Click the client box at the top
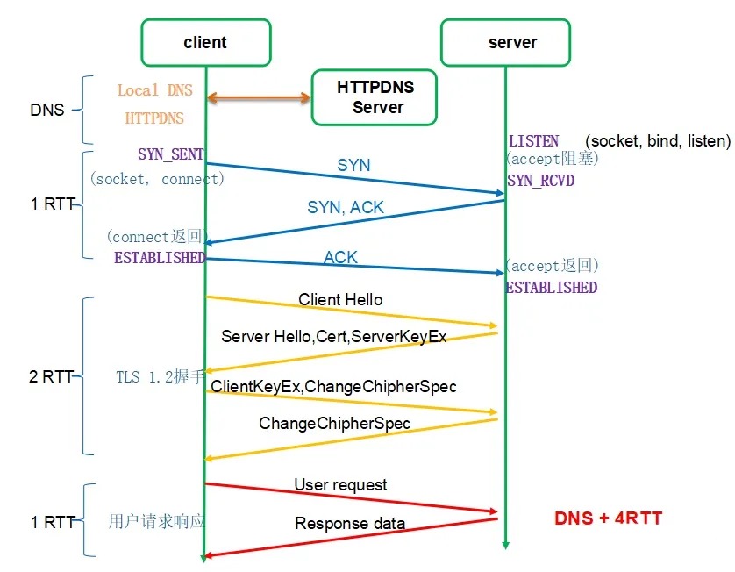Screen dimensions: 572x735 (205, 42)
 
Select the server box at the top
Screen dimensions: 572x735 (506, 42)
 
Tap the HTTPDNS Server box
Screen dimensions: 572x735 (375, 97)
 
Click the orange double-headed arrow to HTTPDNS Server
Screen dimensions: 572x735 (260, 98)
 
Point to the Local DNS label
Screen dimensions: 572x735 (154, 90)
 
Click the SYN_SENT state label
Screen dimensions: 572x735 (170, 154)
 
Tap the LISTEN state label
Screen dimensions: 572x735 (533, 141)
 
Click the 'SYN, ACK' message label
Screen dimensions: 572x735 (346, 208)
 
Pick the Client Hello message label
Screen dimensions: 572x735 (340, 300)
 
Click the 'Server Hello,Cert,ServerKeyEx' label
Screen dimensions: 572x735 (334, 336)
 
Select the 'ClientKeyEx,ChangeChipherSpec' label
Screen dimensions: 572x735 (333, 386)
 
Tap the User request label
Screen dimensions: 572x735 (340, 484)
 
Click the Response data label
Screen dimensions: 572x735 (350, 524)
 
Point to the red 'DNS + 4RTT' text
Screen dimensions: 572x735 (608, 518)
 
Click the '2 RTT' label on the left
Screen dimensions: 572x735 (51, 377)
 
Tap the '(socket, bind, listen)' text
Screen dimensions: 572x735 (658, 141)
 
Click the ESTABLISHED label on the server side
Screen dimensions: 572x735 (551, 288)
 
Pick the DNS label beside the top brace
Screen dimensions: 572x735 (47, 111)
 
